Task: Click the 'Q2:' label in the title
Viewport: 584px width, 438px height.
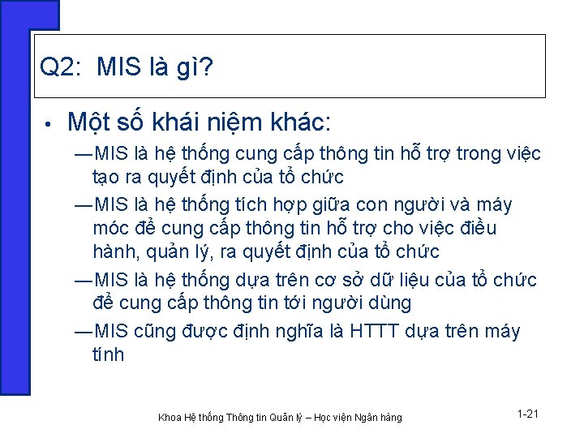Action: coord(59,68)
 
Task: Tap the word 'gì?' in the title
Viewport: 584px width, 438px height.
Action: coord(194,68)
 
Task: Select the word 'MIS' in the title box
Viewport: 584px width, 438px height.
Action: coord(118,68)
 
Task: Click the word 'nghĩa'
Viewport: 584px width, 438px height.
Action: coord(297,331)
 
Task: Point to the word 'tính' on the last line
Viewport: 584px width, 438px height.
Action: coord(109,354)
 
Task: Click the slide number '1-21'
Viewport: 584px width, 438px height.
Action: coord(527,414)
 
